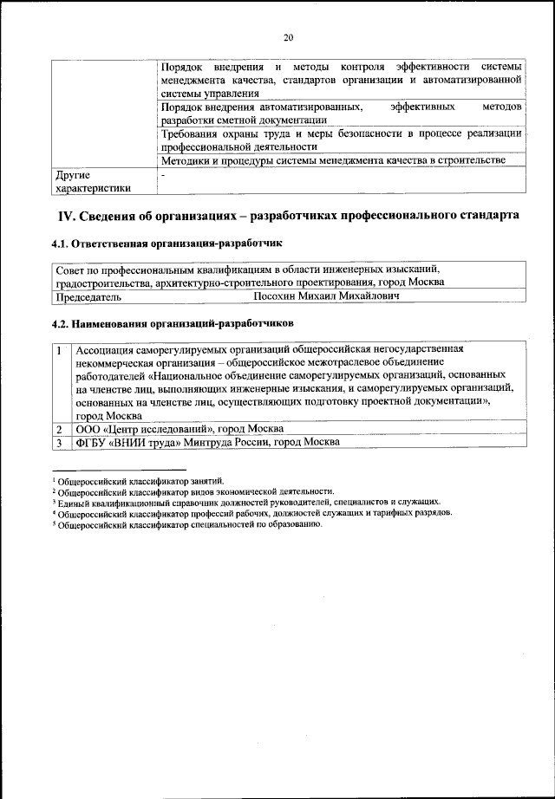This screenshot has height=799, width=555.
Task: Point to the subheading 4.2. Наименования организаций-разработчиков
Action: pos(173,322)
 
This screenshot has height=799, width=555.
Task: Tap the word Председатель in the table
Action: pos(88,296)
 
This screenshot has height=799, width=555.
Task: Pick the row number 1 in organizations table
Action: pos(58,351)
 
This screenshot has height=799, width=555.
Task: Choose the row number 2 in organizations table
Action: pos(58,429)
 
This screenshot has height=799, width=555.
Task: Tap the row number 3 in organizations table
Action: pos(58,442)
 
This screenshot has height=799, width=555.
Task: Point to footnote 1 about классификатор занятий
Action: pos(139,480)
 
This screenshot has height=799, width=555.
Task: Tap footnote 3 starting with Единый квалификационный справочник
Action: pos(245,502)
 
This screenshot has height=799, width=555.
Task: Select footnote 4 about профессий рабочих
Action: pos(251,512)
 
